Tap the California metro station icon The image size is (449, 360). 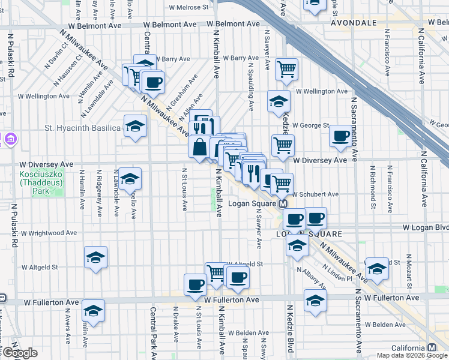[432, 348]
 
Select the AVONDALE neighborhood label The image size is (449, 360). [354, 22]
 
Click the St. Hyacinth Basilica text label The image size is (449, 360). [83, 128]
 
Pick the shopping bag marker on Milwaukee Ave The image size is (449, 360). [199, 146]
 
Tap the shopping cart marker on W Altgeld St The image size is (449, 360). [216, 272]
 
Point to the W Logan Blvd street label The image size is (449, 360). [425, 228]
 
